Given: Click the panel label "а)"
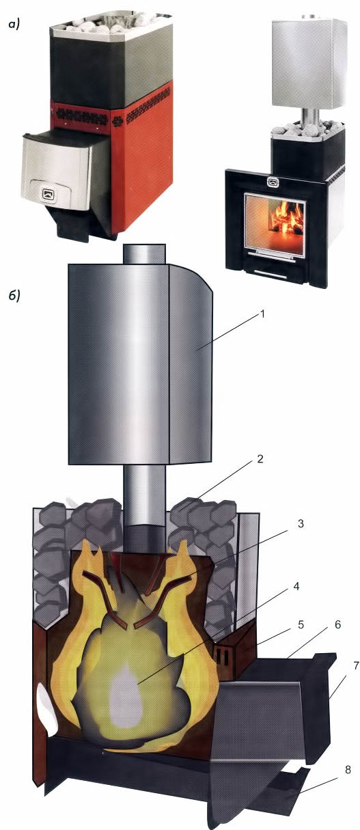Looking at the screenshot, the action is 14,25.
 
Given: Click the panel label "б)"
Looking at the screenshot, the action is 14,296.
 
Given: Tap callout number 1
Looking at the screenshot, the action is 262,314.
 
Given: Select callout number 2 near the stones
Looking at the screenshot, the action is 260,459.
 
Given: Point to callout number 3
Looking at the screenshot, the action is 301,523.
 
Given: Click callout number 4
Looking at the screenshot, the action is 296,587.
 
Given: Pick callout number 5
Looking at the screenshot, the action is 301,624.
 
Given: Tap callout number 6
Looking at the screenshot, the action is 337,624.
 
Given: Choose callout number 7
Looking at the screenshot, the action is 356,665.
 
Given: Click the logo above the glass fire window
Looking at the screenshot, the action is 273,182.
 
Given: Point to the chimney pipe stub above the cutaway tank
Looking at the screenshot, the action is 144,254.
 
